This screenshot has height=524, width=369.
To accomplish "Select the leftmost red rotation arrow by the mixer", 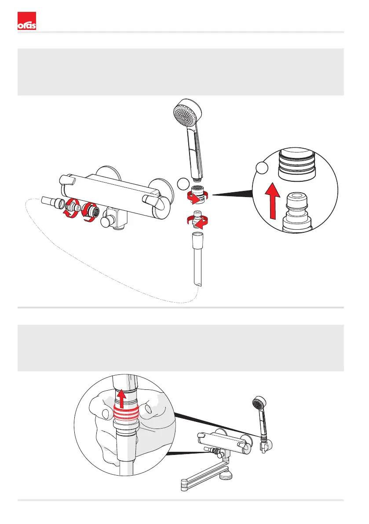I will (71, 211).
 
